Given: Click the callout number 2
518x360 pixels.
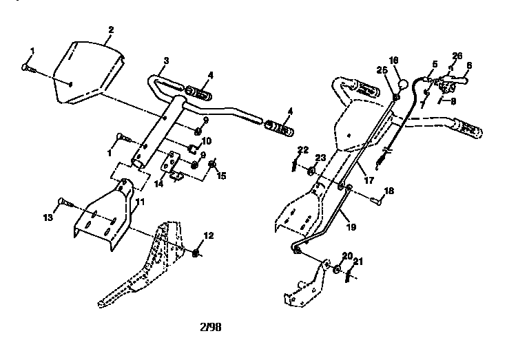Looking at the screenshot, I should tap(111, 30).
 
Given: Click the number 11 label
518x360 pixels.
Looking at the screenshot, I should tap(141, 202).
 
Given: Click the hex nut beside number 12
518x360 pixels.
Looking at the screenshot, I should tap(196, 252).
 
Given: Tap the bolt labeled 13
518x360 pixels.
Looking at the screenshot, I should tap(65, 202).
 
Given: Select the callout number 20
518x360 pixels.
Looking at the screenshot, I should tap(348, 256).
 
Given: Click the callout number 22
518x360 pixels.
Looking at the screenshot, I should tap(302, 149).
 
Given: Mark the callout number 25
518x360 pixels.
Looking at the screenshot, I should tap(381, 70).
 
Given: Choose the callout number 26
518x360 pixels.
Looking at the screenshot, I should tap(457, 55).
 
